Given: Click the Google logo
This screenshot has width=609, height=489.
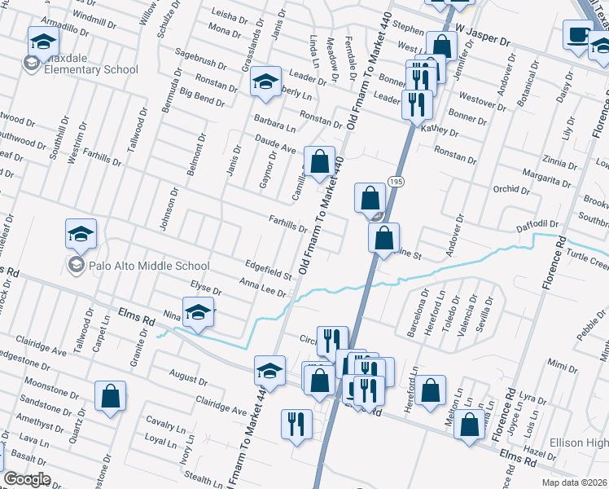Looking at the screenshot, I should tap(27, 479).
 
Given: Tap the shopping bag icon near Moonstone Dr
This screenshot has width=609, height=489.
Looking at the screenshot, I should tap(111, 398).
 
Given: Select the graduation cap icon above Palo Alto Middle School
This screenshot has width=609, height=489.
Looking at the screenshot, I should tap(81, 235).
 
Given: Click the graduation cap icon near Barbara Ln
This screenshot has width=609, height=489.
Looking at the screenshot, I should tap(265, 82).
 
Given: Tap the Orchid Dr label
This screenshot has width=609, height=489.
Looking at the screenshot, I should tap(512, 190).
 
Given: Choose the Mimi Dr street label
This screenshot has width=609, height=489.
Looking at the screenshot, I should tap(558, 362).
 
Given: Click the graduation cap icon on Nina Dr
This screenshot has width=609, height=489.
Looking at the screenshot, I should tap(198, 313).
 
